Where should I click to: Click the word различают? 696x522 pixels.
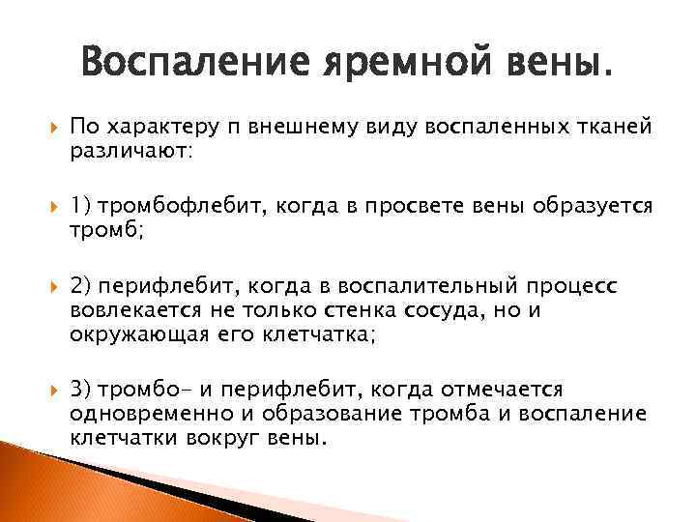(x=131, y=152)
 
